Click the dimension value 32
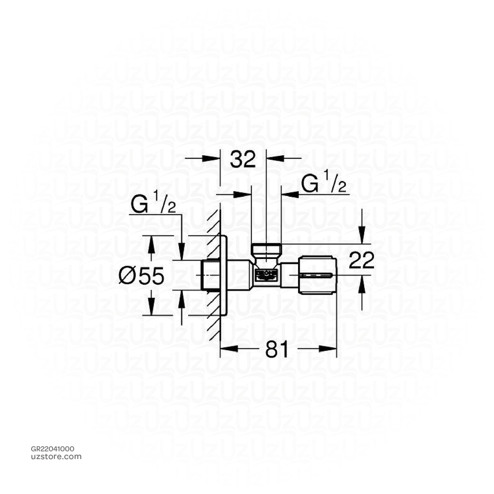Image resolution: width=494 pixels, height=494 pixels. tap(243, 159)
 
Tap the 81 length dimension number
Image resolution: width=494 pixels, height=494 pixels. tap(277, 349)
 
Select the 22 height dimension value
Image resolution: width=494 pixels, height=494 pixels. tap(361, 261)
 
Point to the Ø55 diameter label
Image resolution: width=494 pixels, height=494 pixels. tap(142, 276)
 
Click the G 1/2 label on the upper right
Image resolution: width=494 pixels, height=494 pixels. tap(324, 185)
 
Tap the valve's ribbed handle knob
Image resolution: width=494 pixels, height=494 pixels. tap(317, 275)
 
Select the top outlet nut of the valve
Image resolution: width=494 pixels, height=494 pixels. tap(266, 250)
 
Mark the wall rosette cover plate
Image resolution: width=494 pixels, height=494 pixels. tap(224, 275)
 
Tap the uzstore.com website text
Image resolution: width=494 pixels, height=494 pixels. tap(56, 456)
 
